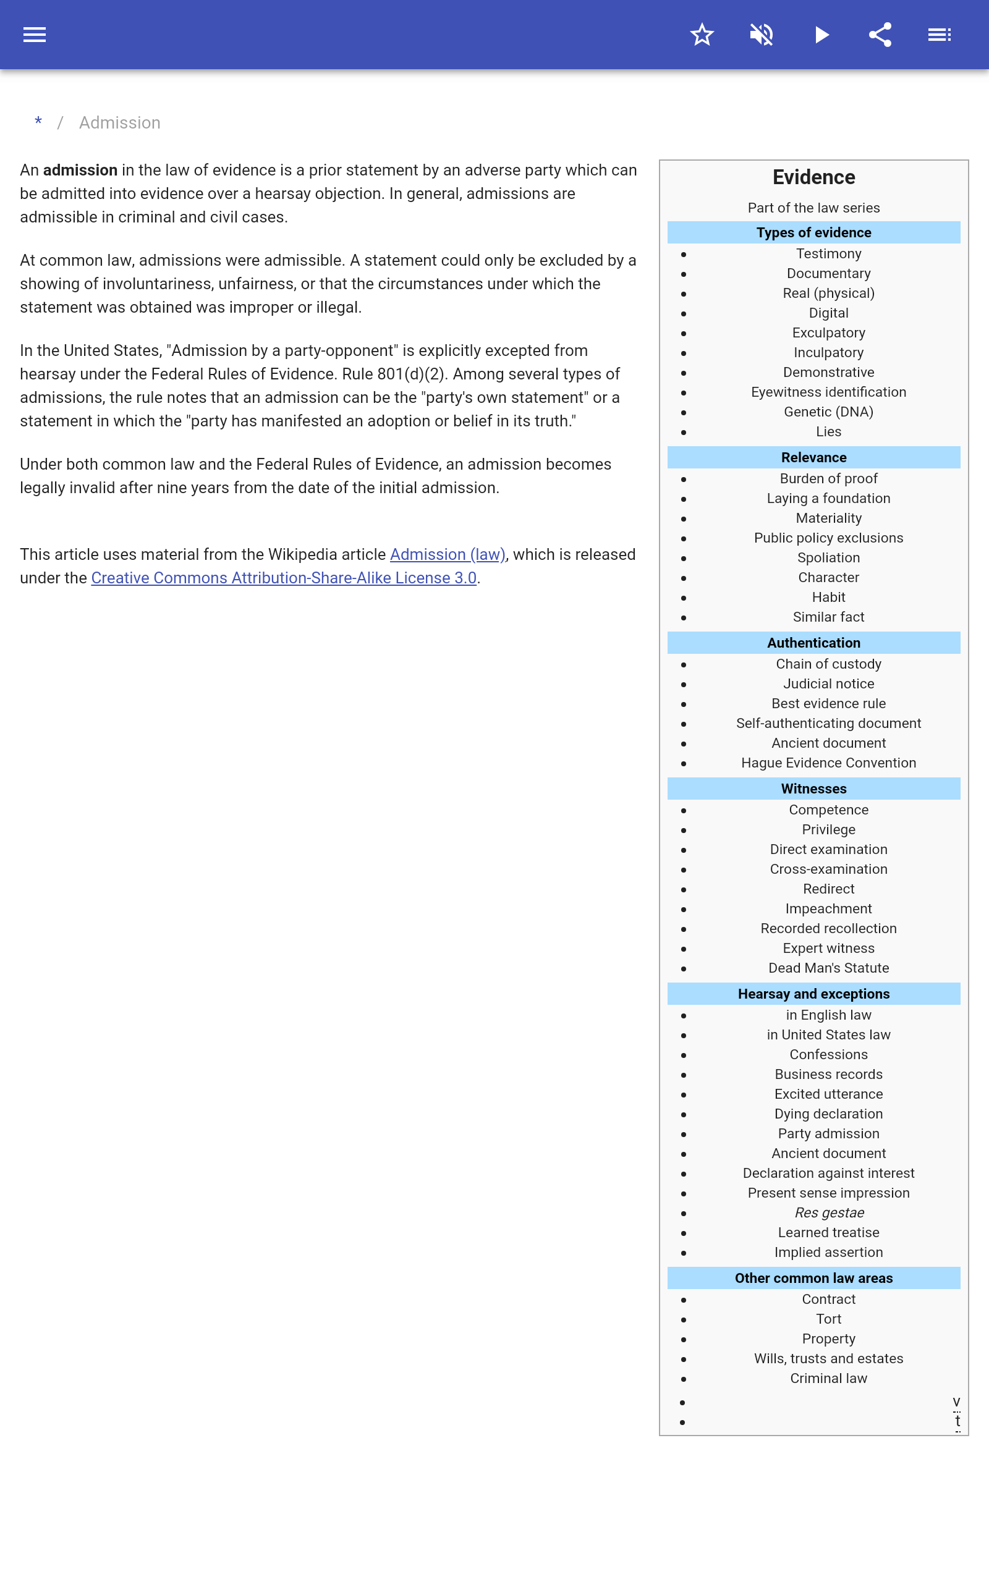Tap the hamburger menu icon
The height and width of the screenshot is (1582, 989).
point(35,35)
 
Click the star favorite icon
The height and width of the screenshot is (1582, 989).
point(702,35)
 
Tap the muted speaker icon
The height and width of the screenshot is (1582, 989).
point(762,35)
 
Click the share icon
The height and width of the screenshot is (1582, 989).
point(880,35)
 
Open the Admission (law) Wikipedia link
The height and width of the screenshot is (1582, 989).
point(448,554)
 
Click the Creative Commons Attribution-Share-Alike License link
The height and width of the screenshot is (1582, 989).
point(283,578)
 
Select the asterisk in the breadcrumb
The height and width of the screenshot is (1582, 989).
point(38,122)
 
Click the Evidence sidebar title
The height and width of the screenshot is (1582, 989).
point(813,177)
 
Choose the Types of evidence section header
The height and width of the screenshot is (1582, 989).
point(813,233)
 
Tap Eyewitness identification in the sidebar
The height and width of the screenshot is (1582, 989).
point(828,392)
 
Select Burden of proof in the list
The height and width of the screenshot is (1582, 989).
point(828,478)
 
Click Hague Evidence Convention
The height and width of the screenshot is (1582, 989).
point(828,763)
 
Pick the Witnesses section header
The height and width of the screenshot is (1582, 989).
point(813,789)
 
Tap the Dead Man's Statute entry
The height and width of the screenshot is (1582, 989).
point(828,968)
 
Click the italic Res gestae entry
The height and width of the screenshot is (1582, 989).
point(829,1212)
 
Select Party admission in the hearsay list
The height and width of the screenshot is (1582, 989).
point(828,1133)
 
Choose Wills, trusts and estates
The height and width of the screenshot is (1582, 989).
point(828,1358)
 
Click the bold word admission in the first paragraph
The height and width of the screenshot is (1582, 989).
point(80,170)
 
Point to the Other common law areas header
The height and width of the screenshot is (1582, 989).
point(813,1278)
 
